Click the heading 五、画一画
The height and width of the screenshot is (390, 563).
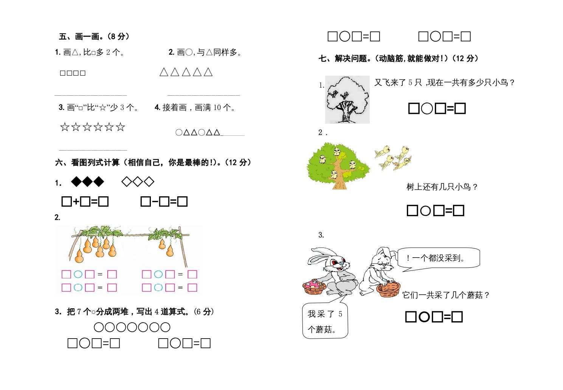(x=94, y=36)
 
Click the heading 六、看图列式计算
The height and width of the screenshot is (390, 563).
(x=153, y=162)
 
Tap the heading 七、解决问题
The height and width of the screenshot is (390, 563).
(x=399, y=58)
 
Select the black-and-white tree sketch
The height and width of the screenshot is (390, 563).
(x=347, y=99)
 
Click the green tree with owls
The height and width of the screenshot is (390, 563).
(x=338, y=165)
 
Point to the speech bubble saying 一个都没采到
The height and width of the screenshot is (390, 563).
(x=439, y=258)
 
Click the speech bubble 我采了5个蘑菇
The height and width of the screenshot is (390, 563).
(x=325, y=321)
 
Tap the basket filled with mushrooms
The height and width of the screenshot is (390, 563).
(x=314, y=287)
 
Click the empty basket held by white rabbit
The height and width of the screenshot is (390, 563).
(x=388, y=289)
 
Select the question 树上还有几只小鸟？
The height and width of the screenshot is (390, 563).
(x=442, y=186)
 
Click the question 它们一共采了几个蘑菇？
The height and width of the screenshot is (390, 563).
(x=446, y=295)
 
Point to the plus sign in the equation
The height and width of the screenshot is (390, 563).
(x=76, y=202)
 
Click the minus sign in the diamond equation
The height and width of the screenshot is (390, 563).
(x=155, y=202)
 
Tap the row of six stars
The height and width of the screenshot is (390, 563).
(x=92, y=127)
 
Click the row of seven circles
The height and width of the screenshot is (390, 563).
(x=132, y=327)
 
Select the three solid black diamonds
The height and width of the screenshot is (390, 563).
(x=87, y=182)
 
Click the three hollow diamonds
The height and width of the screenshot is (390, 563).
(x=138, y=182)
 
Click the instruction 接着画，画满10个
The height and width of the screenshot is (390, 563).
(x=196, y=107)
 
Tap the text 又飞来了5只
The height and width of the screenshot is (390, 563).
(x=398, y=82)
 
